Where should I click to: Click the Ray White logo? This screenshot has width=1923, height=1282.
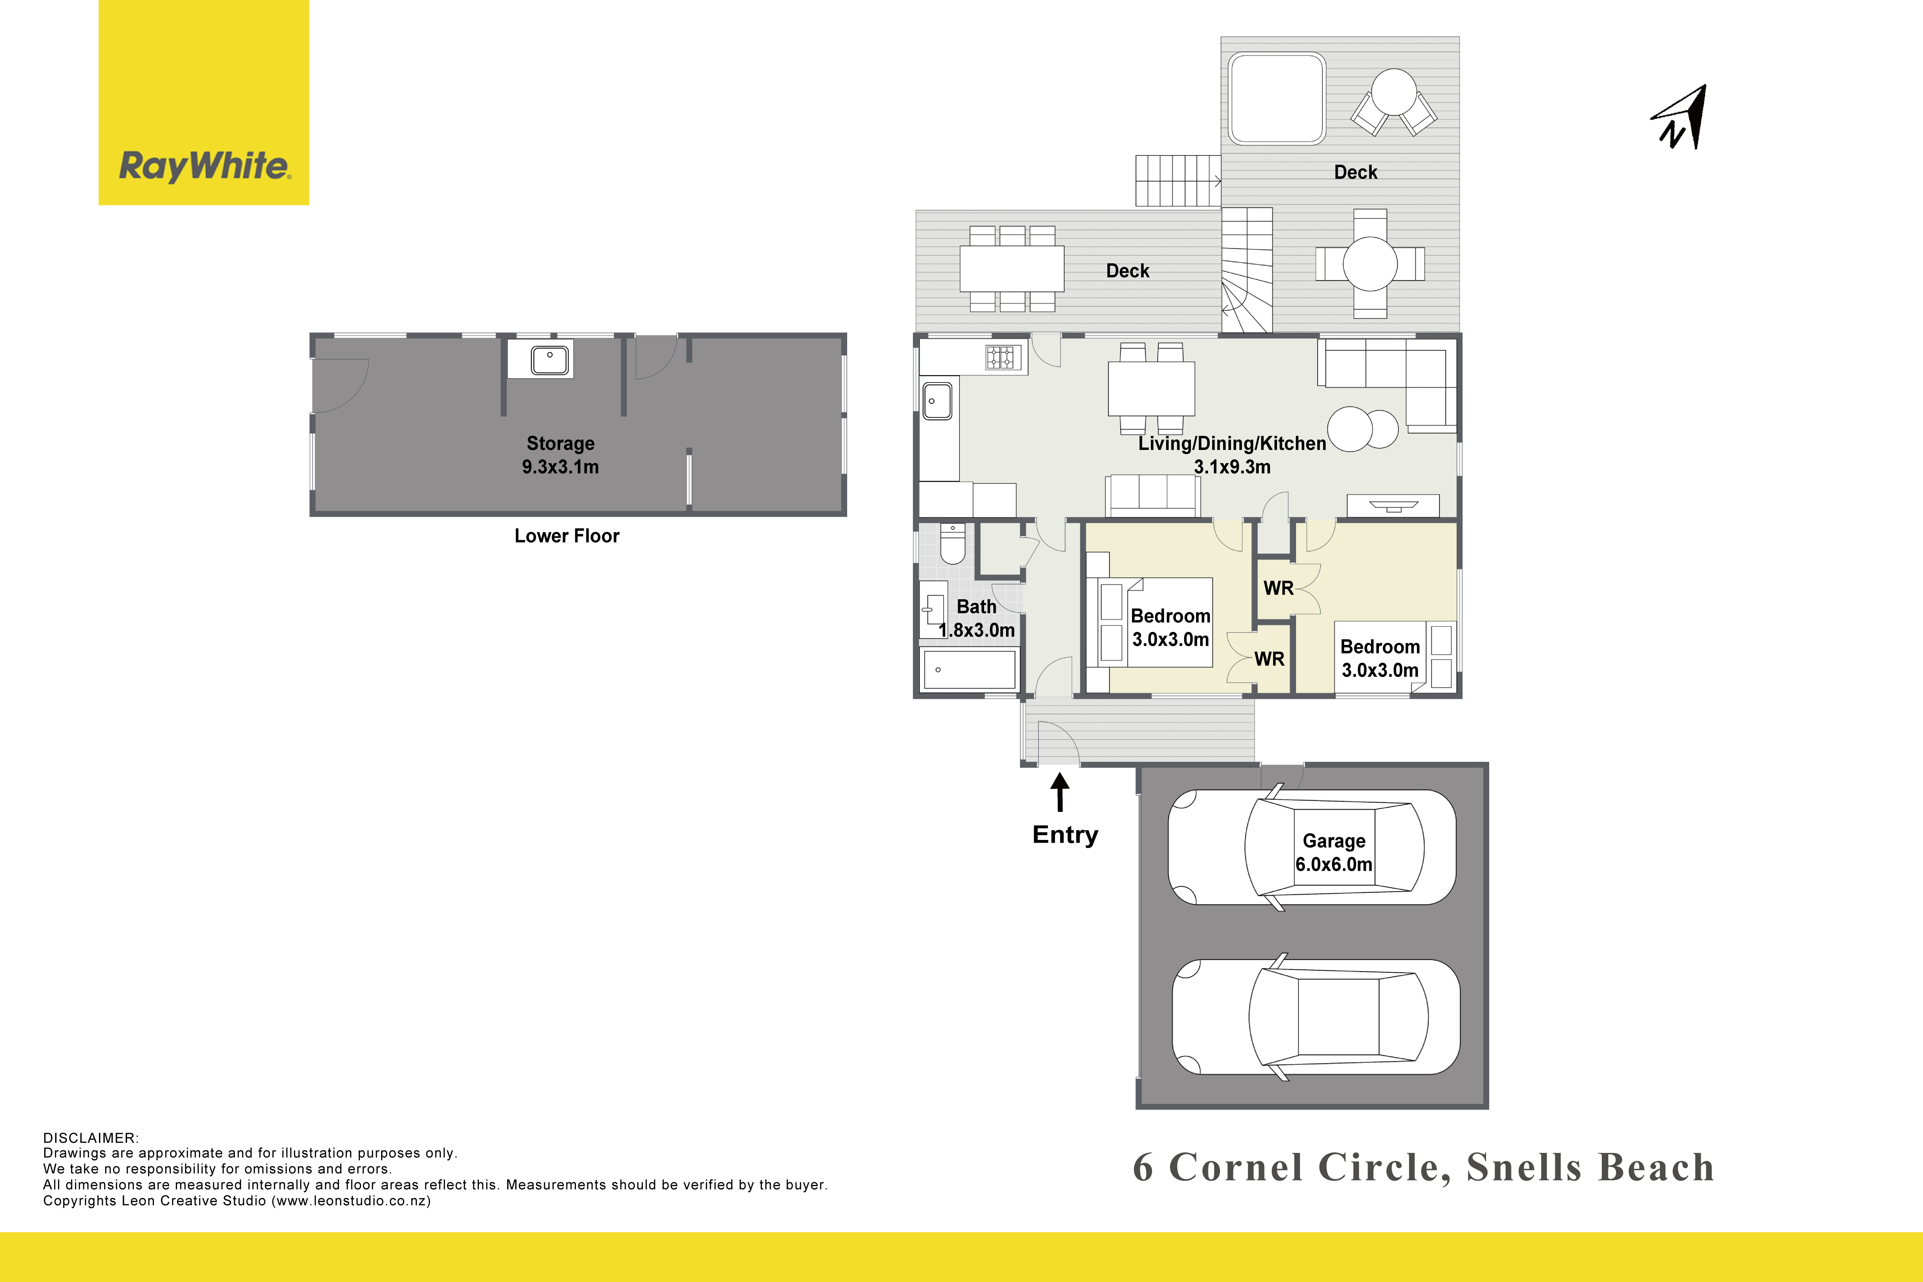tap(204, 102)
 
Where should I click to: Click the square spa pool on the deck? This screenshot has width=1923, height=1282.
tap(1276, 98)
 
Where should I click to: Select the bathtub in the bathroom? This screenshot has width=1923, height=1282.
tap(969, 670)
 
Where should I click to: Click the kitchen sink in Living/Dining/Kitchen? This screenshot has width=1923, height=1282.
tap(938, 401)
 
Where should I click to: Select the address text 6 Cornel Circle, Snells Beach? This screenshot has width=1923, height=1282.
tap(1423, 1168)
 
